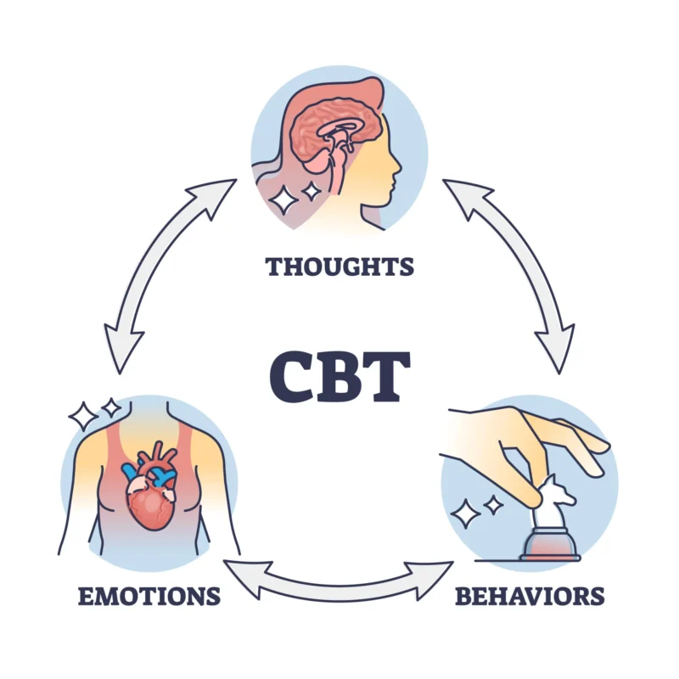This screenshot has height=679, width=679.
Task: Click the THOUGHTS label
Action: (339, 267)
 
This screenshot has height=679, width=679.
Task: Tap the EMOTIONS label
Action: (149, 596)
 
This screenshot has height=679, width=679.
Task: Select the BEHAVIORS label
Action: (530, 596)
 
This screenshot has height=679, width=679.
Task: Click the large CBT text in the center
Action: (339, 373)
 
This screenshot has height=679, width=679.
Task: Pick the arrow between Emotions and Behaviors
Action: (339, 581)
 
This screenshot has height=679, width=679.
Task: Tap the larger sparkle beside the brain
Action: (283, 199)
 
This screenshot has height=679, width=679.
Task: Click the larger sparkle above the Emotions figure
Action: (84, 417)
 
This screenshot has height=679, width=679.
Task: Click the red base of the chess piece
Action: (550, 543)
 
